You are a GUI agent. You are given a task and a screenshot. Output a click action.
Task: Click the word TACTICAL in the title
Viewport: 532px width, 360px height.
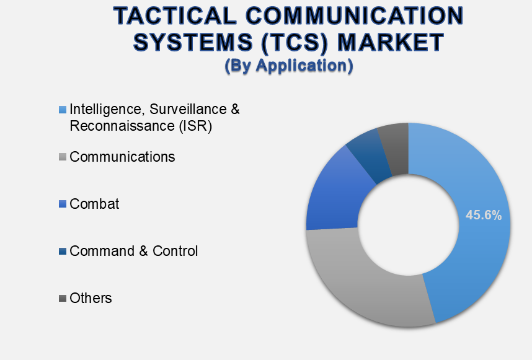pyautogui.click(x=175, y=15)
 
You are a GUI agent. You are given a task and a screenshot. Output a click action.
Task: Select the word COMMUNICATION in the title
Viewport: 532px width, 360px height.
pyautogui.click(x=355, y=15)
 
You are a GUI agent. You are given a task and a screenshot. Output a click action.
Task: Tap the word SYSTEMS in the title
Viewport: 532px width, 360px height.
pyautogui.click(x=193, y=42)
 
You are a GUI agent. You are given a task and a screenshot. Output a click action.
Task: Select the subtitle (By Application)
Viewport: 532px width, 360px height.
pyautogui.click(x=289, y=66)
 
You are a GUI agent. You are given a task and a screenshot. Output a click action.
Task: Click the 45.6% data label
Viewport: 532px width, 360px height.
pyautogui.click(x=484, y=215)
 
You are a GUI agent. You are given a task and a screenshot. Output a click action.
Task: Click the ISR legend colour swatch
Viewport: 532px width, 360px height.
pyautogui.click(x=63, y=110)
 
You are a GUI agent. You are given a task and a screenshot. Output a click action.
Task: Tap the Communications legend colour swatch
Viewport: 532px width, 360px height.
pyautogui.click(x=63, y=157)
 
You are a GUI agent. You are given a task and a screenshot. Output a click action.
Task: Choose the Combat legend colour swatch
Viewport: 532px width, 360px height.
pyautogui.click(x=63, y=204)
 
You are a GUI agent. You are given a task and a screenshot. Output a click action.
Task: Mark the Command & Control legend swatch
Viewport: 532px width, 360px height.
pyautogui.click(x=63, y=251)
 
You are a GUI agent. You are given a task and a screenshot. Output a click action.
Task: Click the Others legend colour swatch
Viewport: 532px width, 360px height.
pyautogui.click(x=63, y=298)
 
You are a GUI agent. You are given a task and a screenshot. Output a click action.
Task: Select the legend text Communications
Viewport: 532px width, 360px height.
pyautogui.click(x=122, y=157)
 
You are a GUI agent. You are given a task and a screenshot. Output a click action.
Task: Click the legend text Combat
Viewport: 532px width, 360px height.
pyautogui.click(x=94, y=204)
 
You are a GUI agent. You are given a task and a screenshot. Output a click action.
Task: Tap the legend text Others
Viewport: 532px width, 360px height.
pyautogui.click(x=91, y=298)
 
